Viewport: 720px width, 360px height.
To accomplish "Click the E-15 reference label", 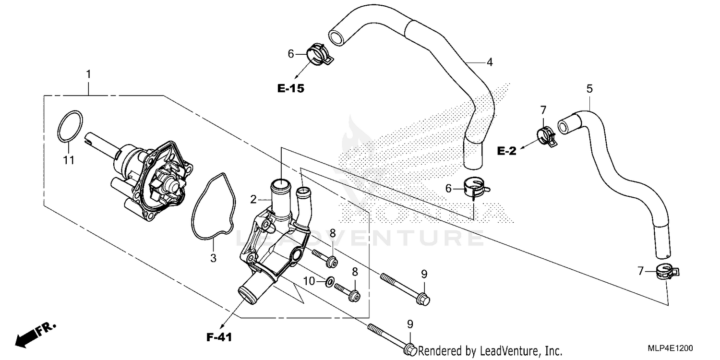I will click(291, 88).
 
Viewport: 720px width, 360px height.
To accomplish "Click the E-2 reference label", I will click(506, 151).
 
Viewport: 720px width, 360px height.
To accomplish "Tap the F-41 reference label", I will click(219, 337).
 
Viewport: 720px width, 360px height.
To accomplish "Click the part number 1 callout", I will click(88, 74).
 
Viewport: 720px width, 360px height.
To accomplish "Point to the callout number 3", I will click(213, 258).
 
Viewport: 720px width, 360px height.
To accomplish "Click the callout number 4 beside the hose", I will click(490, 62).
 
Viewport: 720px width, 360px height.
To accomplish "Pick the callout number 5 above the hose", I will click(589, 88).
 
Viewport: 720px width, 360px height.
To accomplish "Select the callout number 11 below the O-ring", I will click(69, 160).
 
